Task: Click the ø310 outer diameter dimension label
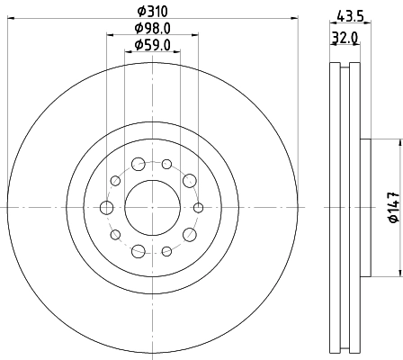(x=152, y=11)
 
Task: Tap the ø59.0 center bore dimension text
(x=152, y=44)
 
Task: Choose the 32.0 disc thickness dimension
(x=342, y=39)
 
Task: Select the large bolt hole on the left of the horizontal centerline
(x=107, y=208)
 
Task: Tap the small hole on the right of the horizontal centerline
(x=197, y=208)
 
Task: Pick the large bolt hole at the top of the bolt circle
(x=139, y=165)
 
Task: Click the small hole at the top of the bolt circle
(x=166, y=165)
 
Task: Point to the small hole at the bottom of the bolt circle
(x=166, y=251)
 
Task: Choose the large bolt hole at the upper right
(x=189, y=182)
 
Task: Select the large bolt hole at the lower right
(x=189, y=234)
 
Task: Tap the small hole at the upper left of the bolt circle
(x=115, y=182)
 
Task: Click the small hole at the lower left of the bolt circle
(x=115, y=234)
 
